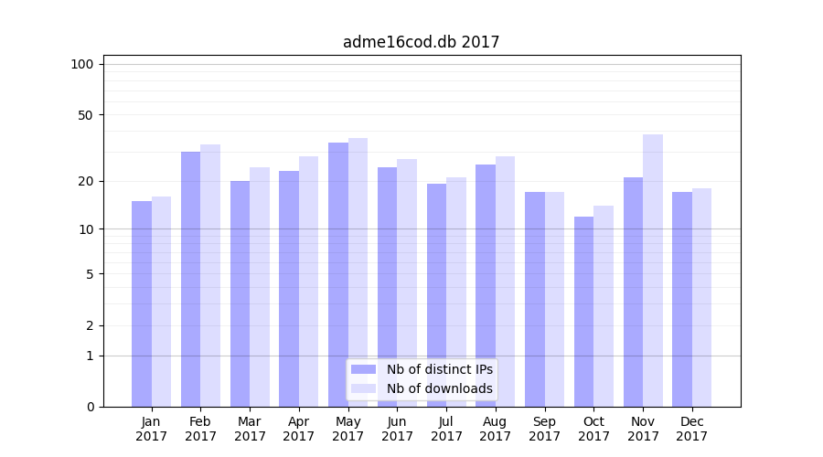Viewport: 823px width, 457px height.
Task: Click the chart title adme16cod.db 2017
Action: pyautogui.click(x=421, y=42)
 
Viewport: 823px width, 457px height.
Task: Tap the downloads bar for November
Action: pyautogui.click(x=653, y=271)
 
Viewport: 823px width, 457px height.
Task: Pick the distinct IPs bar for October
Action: pyautogui.click(x=583, y=312)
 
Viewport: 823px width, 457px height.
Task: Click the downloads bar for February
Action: pyautogui.click(x=210, y=275)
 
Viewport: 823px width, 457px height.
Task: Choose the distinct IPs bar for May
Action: pyautogui.click(x=338, y=274)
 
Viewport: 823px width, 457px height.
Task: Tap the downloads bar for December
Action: pyautogui.click(x=701, y=297)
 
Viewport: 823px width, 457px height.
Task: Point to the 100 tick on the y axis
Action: pyautogui.click(x=82, y=64)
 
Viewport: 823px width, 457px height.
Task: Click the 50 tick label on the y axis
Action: pyautogui.click(x=86, y=115)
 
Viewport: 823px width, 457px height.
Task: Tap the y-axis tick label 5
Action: pyautogui.click(x=90, y=273)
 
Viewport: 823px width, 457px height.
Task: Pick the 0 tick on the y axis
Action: pyautogui.click(x=90, y=407)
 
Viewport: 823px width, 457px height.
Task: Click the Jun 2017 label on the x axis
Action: pyautogui.click(x=397, y=429)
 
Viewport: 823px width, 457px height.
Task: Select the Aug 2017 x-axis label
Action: pyautogui.click(x=496, y=429)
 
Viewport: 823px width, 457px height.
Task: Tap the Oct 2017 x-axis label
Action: pyautogui.click(x=593, y=429)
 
